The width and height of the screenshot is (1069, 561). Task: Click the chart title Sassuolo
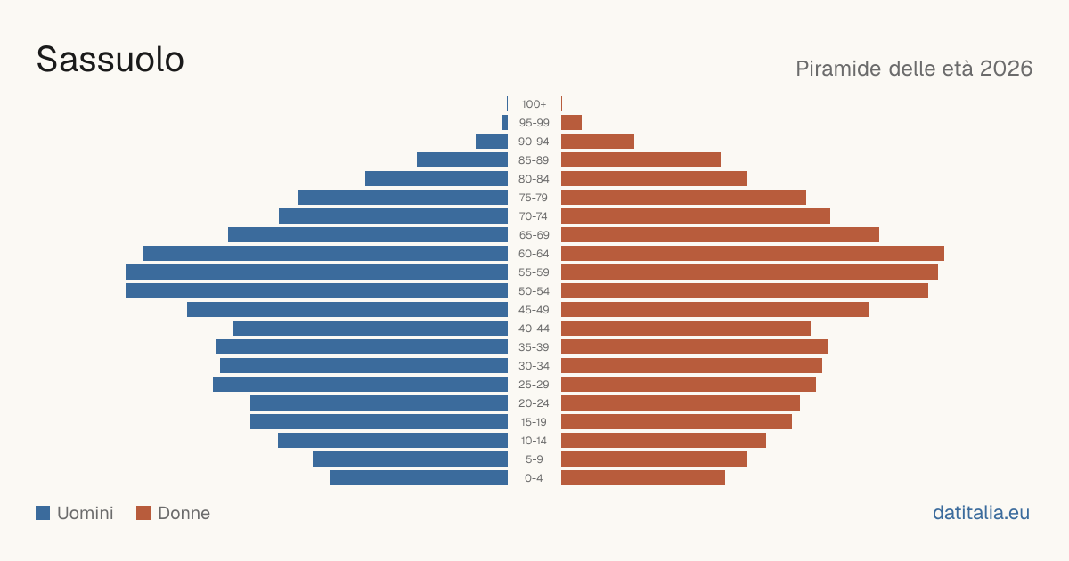pos(110,60)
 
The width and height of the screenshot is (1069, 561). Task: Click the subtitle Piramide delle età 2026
pos(914,69)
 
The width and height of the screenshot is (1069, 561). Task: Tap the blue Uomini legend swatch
pos(43,513)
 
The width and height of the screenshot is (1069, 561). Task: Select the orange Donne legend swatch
pos(143,513)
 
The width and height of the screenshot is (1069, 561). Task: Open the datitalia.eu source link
pos(981,513)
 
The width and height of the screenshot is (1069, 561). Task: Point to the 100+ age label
pos(534,104)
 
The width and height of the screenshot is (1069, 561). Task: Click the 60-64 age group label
pos(534,253)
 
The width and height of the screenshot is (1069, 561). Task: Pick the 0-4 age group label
pos(534,478)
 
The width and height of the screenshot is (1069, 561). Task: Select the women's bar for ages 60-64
pos(753,253)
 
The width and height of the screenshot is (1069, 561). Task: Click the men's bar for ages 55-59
pos(317,272)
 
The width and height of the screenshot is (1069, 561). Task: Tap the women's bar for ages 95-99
pos(571,123)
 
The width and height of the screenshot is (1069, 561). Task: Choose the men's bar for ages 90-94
pos(492,142)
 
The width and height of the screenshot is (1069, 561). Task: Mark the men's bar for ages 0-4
pos(419,478)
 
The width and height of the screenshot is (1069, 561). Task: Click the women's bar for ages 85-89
pos(641,159)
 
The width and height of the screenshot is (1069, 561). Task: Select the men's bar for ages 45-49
pos(347,310)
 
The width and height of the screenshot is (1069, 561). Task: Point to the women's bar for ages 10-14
pos(664,440)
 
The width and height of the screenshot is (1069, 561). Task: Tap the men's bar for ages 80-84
pos(437,178)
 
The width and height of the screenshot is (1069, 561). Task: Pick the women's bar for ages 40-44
pos(686,329)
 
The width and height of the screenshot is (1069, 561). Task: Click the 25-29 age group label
pos(534,385)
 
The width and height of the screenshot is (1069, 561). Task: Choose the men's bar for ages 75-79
pos(403,197)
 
